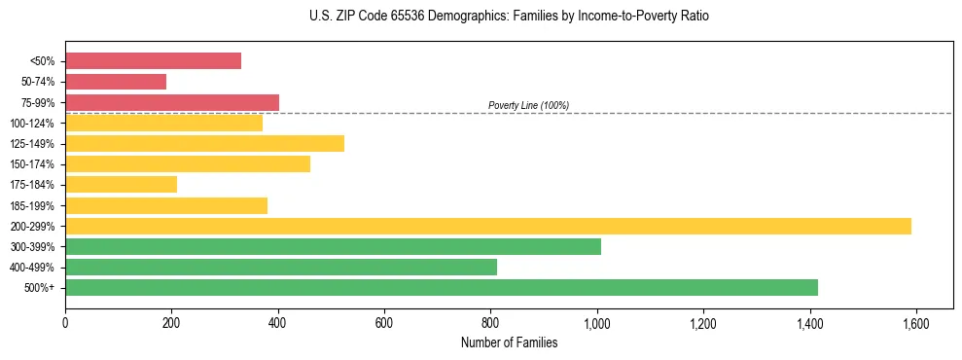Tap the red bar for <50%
(153, 60)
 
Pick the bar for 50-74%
(116, 82)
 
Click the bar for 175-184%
(121, 184)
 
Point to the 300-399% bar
(333, 246)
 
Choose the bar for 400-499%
(281, 267)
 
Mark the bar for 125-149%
(204, 143)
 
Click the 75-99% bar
(172, 102)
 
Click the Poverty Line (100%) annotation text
(528, 105)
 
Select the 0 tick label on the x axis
(65, 323)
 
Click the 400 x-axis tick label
(278, 323)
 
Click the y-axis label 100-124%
(32, 124)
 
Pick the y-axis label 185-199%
(32, 205)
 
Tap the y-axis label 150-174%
(32, 164)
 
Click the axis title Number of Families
(509, 342)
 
